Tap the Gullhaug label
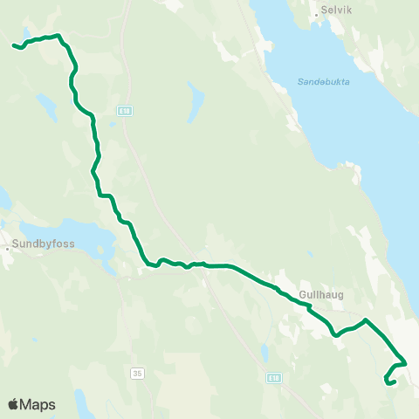[x=321, y=294]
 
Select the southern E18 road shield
[x=274, y=378]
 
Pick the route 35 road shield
[x=137, y=373]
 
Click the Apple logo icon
[x=13, y=404]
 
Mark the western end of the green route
[x=12, y=45]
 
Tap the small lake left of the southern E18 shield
[x=263, y=354]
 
